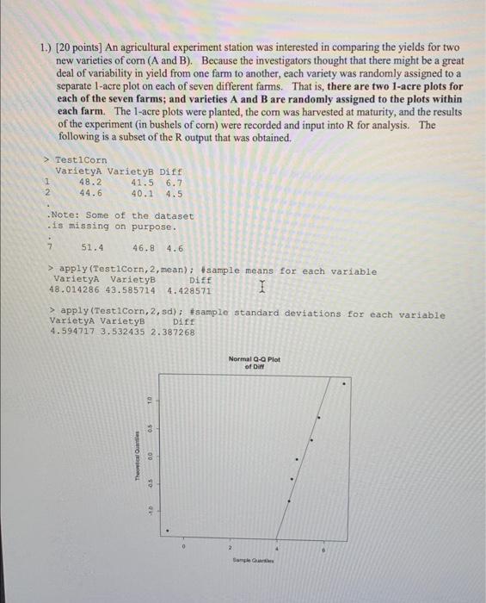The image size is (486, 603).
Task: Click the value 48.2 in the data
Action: (x=90, y=183)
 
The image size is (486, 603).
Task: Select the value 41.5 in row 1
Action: (x=142, y=183)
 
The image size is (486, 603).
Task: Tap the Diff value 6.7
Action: (x=173, y=183)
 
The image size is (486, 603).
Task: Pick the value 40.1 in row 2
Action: (x=142, y=194)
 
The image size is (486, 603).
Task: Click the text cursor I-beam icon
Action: (x=248, y=294)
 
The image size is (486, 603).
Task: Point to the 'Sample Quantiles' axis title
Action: (x=254, y=559)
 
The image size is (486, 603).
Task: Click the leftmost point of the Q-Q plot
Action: (x=167, y=531)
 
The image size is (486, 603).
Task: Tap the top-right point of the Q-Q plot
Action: (x=345, y=385)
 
